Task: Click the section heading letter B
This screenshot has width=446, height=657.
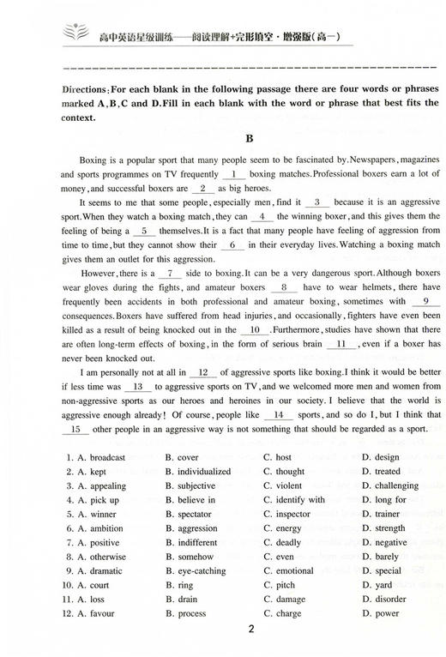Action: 223,136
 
